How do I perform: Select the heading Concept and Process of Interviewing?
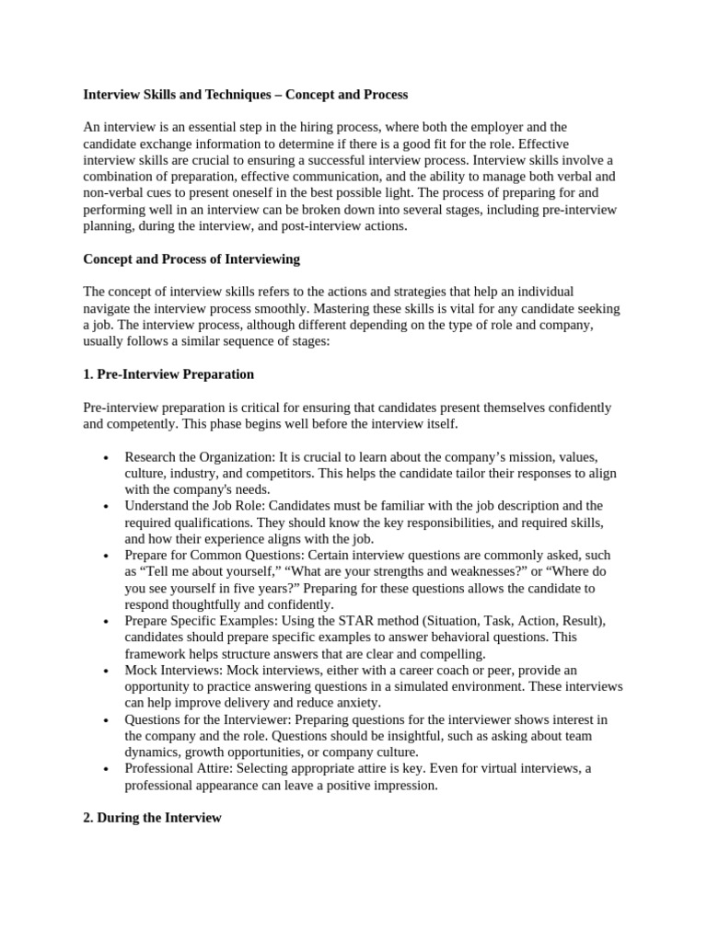click(x=191, y=259)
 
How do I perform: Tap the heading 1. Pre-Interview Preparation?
click(x=168, y=375)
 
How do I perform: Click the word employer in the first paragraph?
click(x=508, y=127)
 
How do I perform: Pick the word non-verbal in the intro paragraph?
click(x=114, y=192)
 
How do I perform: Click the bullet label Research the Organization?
click(x=196, y=457)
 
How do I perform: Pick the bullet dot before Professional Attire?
click(x=108, y=770)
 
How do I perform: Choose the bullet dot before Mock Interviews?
click(x=108, y=672)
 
